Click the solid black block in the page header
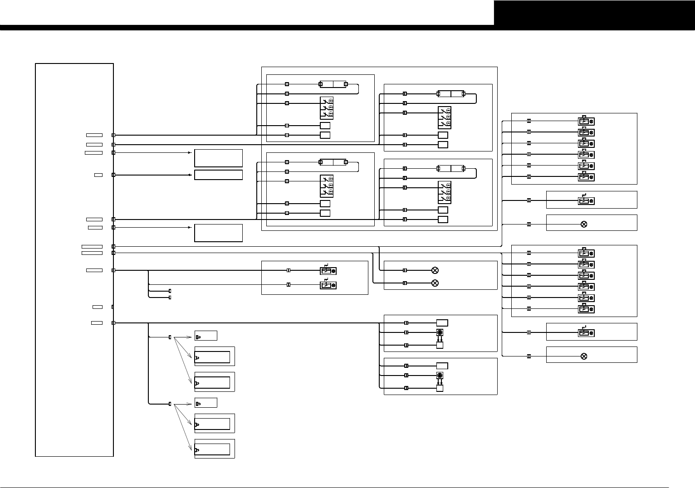click(x=594, y=13)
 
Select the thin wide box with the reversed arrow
click(x=218, y=175)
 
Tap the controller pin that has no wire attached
click(x=113, y=307)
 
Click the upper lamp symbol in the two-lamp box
click(x=435, y=270)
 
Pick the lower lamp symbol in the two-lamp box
click(x=435, y=283)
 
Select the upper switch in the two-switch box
click(x=328, y=271)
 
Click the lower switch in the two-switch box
click(x=328, y=285)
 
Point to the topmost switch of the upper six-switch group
click(x=586, y=121)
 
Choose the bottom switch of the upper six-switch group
click(x=586, y=177)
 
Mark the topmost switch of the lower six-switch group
click(x=586, y=253)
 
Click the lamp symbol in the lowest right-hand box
click(x=584, y=356)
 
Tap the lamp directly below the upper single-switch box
click(x=584, y=224)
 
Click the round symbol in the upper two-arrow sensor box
click(x=440, y=333)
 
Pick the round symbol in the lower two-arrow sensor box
click(x=440, y=376)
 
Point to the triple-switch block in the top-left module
click(x=327, y=107)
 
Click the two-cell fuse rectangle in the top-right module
click(x=451, y=94)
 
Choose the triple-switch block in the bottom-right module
click(x=445, y=192)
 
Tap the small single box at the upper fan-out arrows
click(x=206, y=336)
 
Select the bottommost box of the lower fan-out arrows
click(x=212, y=449)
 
